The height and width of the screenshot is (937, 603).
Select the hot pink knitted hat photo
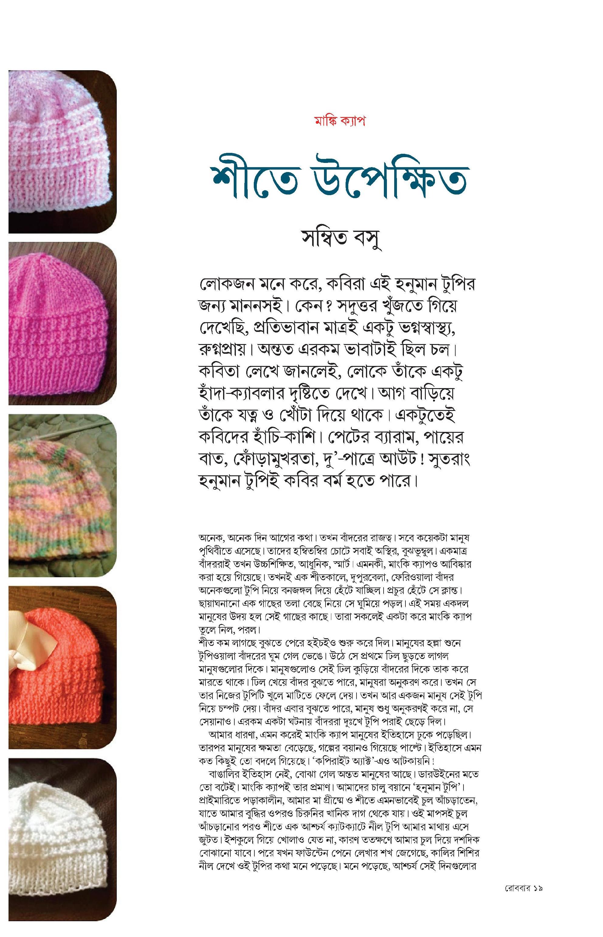[62, 323]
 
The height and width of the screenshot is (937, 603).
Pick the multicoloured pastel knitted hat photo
[62, 495]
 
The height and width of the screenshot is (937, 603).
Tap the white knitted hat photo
[62, 832]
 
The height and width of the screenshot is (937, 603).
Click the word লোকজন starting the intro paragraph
[225, 285]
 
